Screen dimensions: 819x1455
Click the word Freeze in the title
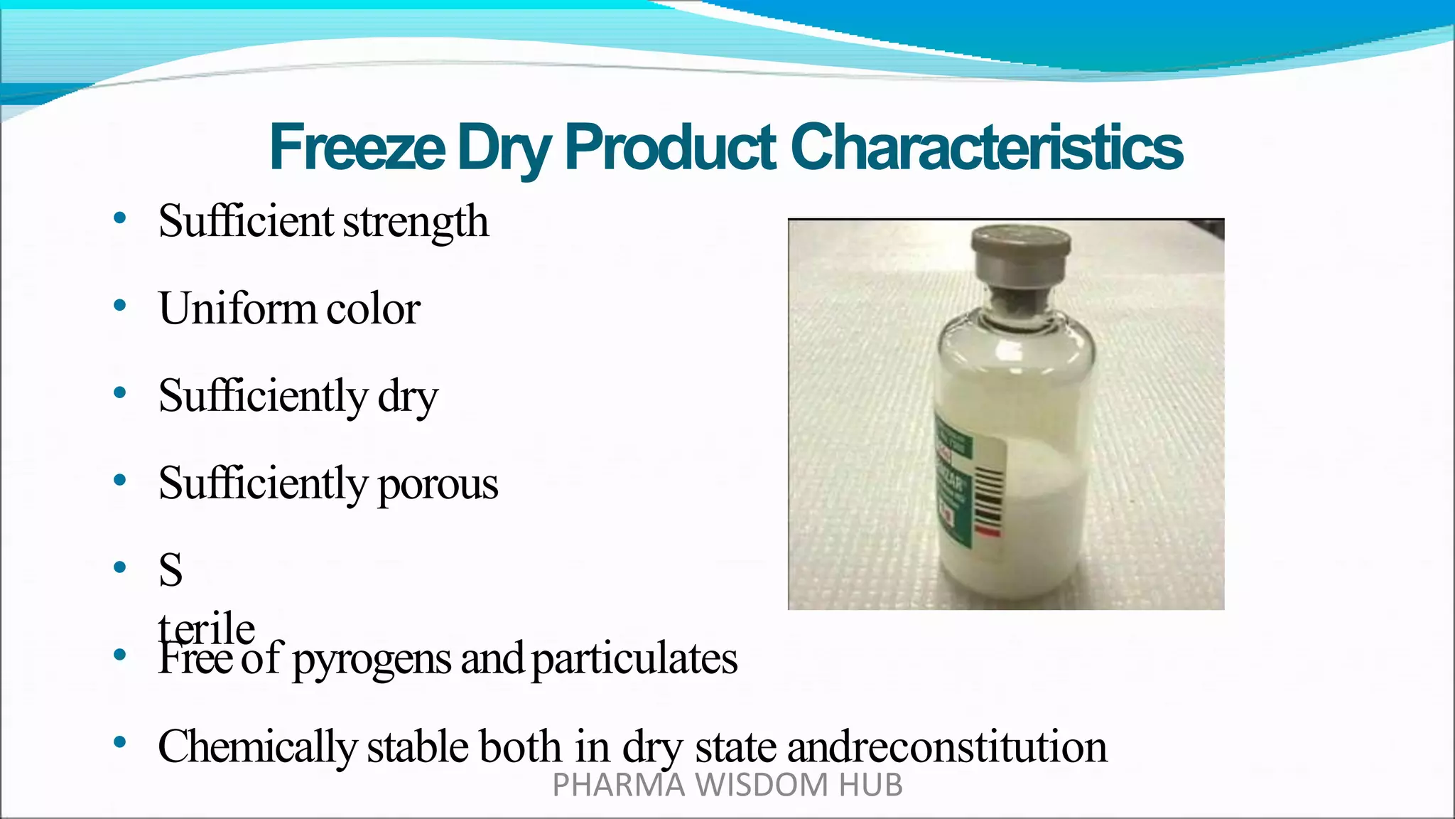tap(357, 147)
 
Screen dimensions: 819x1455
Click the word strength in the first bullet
tap(416, 221)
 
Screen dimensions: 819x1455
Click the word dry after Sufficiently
tap(408, 397)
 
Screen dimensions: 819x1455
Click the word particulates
tap(634, 659)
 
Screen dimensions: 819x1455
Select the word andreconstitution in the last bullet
tap(947, 747)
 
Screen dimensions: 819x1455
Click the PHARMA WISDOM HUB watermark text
tap(727, 786)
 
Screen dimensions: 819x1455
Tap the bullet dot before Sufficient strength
tap(120, 218)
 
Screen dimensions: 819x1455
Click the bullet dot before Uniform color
tap(120, 306)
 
